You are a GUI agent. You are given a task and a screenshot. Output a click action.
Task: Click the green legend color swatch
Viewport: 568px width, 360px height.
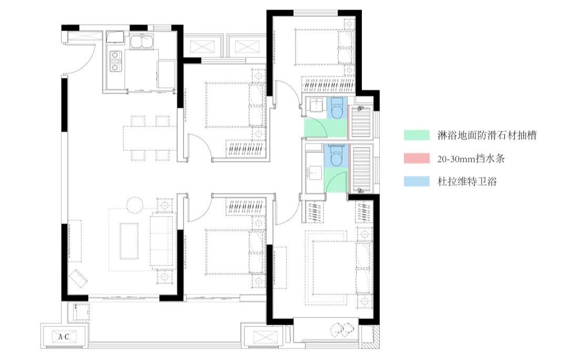(417, 135)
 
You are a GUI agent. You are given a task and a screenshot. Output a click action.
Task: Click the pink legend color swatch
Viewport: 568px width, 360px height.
(417, 159)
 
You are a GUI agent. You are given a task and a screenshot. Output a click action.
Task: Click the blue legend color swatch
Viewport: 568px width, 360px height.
(417, 181)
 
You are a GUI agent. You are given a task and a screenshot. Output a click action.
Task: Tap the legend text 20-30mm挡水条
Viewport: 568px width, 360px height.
(471, 159)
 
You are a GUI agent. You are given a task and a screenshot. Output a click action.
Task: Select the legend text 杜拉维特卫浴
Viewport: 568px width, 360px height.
(467, 181)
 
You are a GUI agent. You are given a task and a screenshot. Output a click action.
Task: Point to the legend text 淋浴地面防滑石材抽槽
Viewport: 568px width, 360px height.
(487, 135)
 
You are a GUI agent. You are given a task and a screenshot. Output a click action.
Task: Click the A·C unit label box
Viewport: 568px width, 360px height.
(64, 337)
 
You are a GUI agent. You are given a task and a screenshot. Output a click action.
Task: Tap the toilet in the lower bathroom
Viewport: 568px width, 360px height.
(337, 156)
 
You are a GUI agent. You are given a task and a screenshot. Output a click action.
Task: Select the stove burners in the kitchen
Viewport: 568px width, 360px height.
(115, 61)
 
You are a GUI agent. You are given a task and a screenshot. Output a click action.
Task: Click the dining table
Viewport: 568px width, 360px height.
(149, 138)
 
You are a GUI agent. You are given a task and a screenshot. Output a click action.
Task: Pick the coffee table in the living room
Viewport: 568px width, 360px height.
(129, 241)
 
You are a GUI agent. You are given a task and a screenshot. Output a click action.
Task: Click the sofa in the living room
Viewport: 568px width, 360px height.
(163, 241)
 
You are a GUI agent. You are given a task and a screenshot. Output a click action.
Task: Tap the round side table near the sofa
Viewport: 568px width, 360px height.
(135, 205)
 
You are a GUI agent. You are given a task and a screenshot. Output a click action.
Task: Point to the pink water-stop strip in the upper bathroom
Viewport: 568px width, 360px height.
(348, 121)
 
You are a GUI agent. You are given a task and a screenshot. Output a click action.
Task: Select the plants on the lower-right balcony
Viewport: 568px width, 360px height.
(342, 328)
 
